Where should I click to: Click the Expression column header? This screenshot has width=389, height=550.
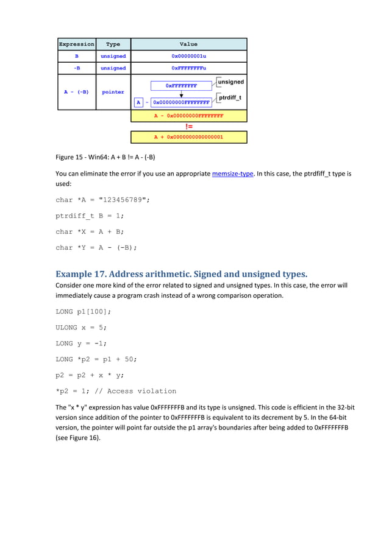point(77,44)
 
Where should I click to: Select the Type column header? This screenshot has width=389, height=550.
point(113,44)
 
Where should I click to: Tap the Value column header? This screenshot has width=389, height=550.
point(189,44)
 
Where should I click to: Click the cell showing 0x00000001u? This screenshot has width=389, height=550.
point(189,56)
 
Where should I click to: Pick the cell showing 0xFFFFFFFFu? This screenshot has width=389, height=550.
point(189,68)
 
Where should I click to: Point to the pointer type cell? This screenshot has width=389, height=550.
point(113,92)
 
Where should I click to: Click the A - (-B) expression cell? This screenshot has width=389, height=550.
point(77,92)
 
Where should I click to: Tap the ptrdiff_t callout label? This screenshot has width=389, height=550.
point(230,97)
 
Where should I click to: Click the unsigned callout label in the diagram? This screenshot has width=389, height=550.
point(230,82)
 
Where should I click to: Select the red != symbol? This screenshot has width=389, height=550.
point(189,126)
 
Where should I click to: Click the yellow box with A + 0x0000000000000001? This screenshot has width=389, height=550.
point(189,137)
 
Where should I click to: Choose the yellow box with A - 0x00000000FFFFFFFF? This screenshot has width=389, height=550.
point(189,116)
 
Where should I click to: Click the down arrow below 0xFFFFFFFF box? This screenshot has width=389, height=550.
point(181,94)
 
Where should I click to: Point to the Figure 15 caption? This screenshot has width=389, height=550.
point(105,157)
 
